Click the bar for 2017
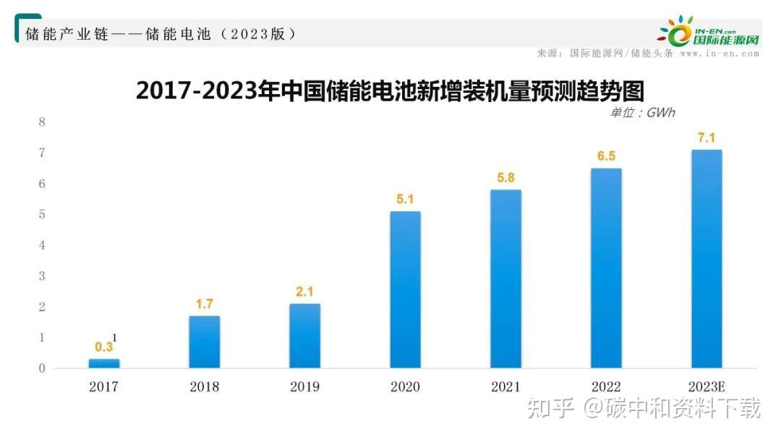click(104, 363)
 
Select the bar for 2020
click(405, 289)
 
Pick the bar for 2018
click(205, 342)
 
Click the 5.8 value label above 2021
click(505, 176)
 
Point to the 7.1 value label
click(707, 137)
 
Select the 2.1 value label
click(304, 291)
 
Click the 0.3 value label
click(104, 347)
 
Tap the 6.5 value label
click(606, 156)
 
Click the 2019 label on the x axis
click(304, 387)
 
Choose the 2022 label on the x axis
click(606, 387)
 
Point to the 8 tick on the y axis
click(42, 122)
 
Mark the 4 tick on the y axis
click(42, 245)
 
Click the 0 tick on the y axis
click(42, 368)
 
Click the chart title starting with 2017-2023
click(390, 91)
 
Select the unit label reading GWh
click(642, 112)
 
